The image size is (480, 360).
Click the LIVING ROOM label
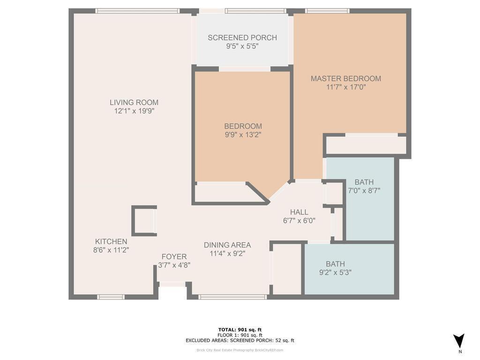134,102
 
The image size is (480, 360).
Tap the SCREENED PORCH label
242,37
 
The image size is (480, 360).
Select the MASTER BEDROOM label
346,78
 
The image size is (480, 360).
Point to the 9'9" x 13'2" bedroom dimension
243,135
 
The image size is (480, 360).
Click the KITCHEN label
111,241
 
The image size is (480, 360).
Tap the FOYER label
174,256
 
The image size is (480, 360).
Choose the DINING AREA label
227,245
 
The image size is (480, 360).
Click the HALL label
299,212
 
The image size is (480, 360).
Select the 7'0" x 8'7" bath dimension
364,190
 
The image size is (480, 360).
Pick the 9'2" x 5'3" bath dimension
336,272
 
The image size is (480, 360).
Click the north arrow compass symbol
459,341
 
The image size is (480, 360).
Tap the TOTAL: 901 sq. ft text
240,330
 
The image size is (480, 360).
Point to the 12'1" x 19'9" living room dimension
134,111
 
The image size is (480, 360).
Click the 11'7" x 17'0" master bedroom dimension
346,87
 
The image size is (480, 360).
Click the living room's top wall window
137,11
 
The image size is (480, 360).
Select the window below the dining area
232,297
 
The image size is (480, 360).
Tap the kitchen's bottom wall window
111,297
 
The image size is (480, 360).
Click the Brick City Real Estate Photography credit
240,350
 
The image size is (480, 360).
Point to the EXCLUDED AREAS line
240,340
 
